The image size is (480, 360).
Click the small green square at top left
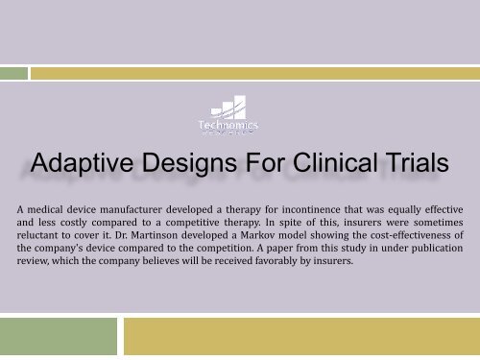click(x=12, y=71)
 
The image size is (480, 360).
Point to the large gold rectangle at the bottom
click(x=302, y=338)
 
